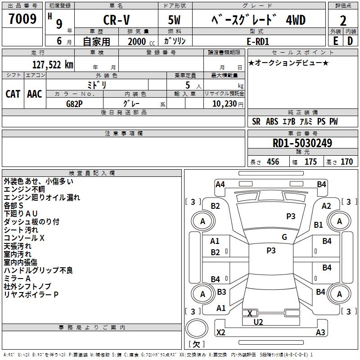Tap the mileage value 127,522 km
click(x=53, y=65)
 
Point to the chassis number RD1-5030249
click(x=302, y=144)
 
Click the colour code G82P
click(x=75, y=103)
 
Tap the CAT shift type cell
click(x=13, y=94)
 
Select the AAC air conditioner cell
click(x=35, y=94)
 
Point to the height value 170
click(x=346, y=162)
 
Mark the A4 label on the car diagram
click(x=220, y=184)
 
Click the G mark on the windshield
click(x=284, y=237)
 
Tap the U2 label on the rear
click(x=258, y=322)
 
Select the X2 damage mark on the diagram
click(x=220, y=333)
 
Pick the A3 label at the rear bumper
click(x=320, y=333)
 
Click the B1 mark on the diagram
click(x=319, y=225)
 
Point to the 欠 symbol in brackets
click(x=196, y=344)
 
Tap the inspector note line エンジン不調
click(x=24, y=189)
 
